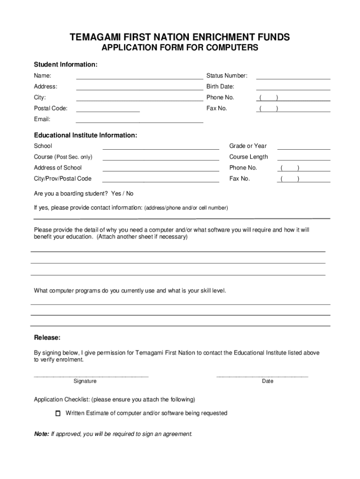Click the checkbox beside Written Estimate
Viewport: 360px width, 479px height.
[58, 414]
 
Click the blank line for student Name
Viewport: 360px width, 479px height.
[139, 78]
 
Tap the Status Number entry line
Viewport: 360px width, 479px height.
[293, 78]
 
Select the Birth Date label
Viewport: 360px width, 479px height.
[220, 87]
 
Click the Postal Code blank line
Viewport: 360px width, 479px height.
[108, 111]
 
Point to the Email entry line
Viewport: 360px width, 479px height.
[139, 122]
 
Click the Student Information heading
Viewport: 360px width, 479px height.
[65, 64]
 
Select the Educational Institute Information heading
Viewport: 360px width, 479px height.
[86, 135]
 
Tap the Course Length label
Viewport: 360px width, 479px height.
[248, 157]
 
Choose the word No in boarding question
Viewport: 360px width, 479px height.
[130, 194]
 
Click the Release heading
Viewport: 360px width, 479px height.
[47, 338]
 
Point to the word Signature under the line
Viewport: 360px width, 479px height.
[85, 381]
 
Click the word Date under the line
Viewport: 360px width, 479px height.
[267, 381]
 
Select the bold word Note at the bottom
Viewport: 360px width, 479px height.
[41, 434]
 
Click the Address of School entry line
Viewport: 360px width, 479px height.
[160, 171]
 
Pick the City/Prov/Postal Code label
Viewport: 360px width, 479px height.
[63, 179]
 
